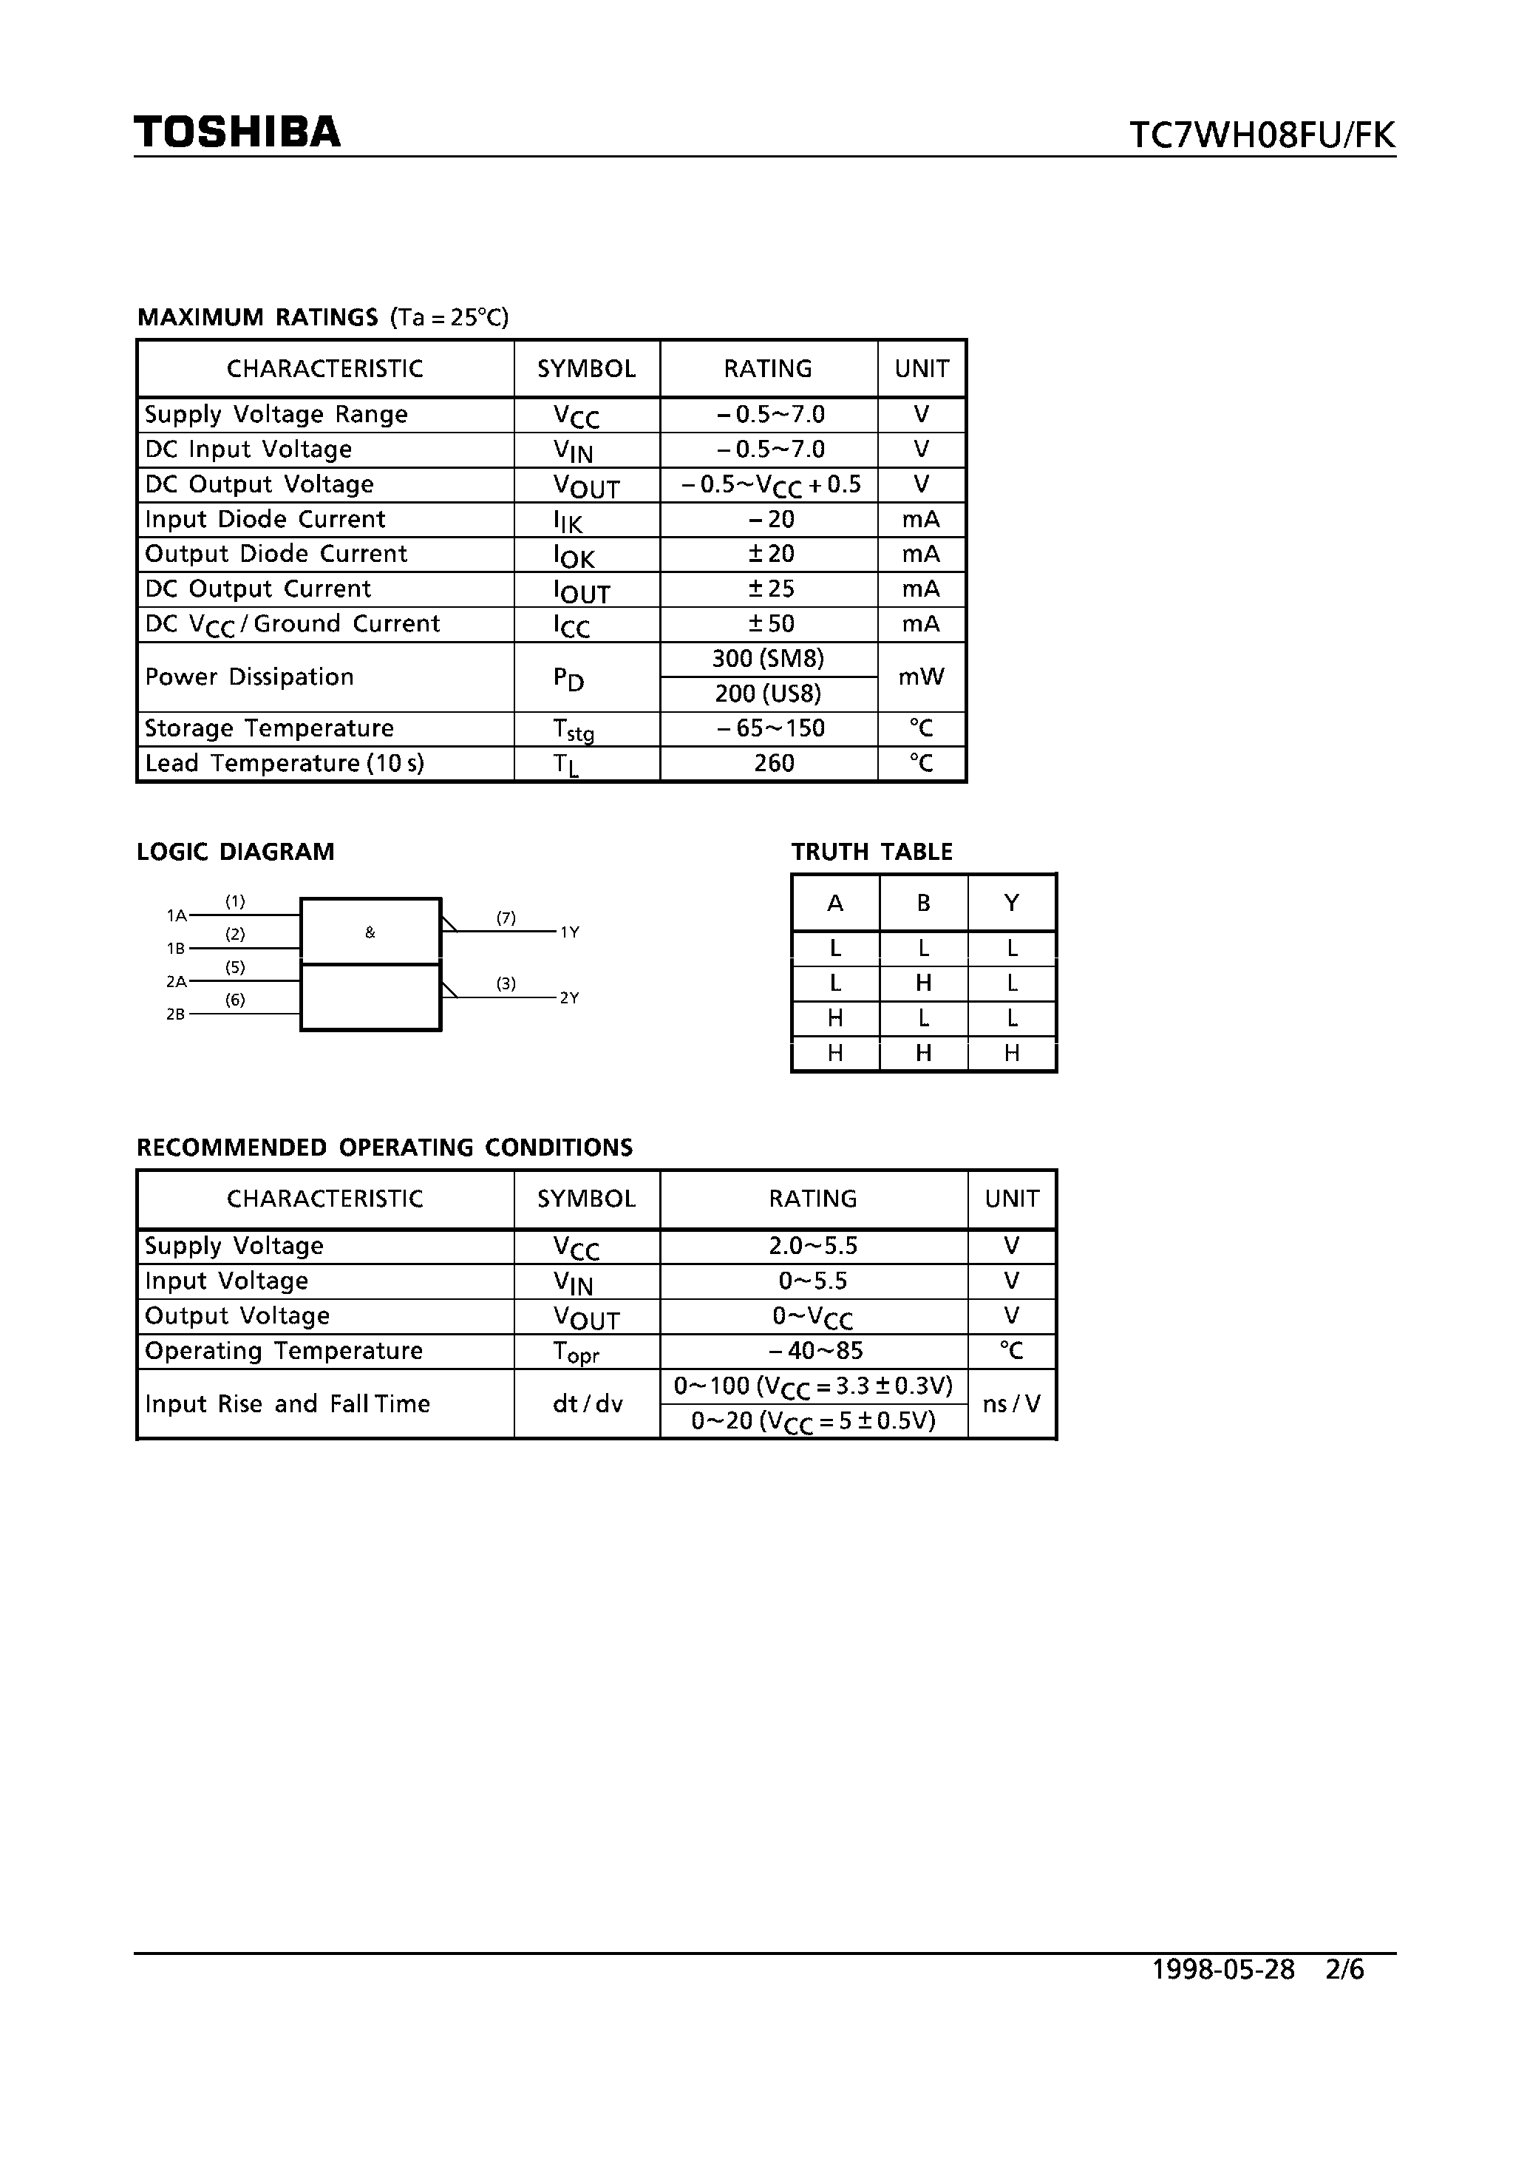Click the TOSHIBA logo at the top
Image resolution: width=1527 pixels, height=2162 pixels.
237,132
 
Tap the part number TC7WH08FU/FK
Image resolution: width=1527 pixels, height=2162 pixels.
1262,135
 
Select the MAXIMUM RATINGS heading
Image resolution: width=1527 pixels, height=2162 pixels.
257,317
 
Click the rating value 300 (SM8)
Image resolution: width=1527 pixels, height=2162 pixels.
768,659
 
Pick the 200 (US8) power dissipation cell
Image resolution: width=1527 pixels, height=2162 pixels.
768,694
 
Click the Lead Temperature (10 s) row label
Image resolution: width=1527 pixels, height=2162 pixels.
285,764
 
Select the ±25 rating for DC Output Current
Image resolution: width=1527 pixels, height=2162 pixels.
770,589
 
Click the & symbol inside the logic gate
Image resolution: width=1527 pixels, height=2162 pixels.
370,932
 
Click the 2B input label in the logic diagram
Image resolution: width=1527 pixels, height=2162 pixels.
175,1015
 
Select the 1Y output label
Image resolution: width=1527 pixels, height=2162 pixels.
570,932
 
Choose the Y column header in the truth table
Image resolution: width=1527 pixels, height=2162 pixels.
1012,903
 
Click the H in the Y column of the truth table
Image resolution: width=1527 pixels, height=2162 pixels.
1012,1054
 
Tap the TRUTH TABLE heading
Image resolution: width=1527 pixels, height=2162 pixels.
871,853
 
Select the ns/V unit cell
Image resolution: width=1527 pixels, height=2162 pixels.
1012,1404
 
